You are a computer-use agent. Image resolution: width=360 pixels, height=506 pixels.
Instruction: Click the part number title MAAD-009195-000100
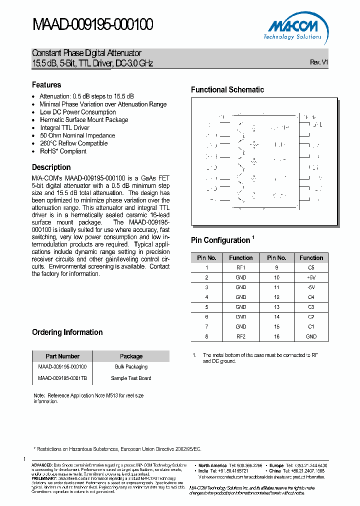(x=92, y=24)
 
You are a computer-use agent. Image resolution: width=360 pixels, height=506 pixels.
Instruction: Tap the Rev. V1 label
(x=318, y=62)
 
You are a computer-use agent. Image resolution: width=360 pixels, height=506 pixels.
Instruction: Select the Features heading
(x=46, y=85)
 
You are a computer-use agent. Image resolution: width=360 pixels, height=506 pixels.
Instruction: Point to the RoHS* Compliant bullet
(x=63, y=151)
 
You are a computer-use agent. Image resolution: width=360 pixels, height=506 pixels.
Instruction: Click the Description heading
(x=51, y=167)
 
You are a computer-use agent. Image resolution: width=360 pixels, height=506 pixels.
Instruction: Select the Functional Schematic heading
(x=227, y=90)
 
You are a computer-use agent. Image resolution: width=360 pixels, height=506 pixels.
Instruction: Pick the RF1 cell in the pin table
(x=240, y=267)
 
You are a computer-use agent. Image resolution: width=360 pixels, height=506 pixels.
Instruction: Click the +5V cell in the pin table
(x=311, y=277)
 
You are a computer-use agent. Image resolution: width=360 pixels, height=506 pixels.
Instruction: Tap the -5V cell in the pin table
(x=311, y=287)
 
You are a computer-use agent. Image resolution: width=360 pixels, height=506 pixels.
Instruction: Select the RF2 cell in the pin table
(x=240, y=336)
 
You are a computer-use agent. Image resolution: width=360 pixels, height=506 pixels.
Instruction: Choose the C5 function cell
(x=311, y=267)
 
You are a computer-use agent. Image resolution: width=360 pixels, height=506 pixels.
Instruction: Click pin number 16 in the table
(x=276, y=336)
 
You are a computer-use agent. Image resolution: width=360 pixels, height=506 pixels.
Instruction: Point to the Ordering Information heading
(x=67, y=332)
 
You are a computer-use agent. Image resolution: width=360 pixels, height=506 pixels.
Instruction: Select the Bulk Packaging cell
(x=131, y=366)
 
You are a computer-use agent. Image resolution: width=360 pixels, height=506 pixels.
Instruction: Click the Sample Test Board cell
(x=131, y=378)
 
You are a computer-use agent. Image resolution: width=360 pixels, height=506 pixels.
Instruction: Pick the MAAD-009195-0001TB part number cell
(x=62, y=378)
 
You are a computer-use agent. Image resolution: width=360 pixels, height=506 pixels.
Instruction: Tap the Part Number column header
(x=62, y=356)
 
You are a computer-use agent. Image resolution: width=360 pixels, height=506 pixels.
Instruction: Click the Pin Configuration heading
(x=220, y=240)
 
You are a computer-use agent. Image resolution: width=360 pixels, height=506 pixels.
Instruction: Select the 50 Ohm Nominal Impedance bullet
(x=77, y=135)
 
